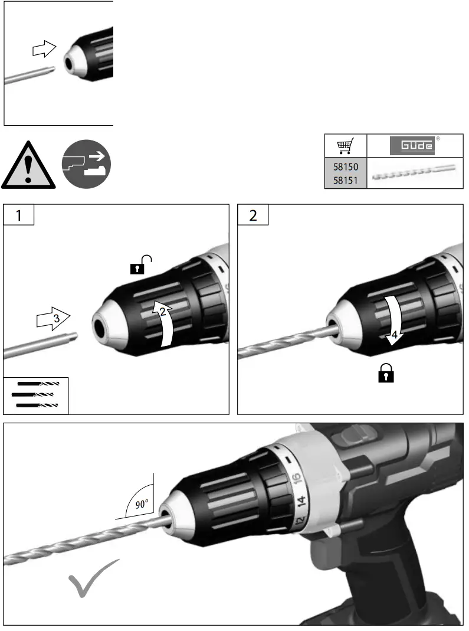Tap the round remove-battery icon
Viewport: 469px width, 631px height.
tap(86, 164)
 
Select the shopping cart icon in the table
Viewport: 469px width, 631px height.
tap(346, 145)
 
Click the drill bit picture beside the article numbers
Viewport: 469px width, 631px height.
tap(415, 175)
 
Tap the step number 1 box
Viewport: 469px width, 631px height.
tap(18, 215)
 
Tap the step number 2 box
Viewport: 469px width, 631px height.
tap(253, 215)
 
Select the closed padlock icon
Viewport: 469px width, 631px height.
tap(386, 374)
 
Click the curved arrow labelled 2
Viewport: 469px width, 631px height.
tap(165, 322)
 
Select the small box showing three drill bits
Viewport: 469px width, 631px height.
tap(36, 394)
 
